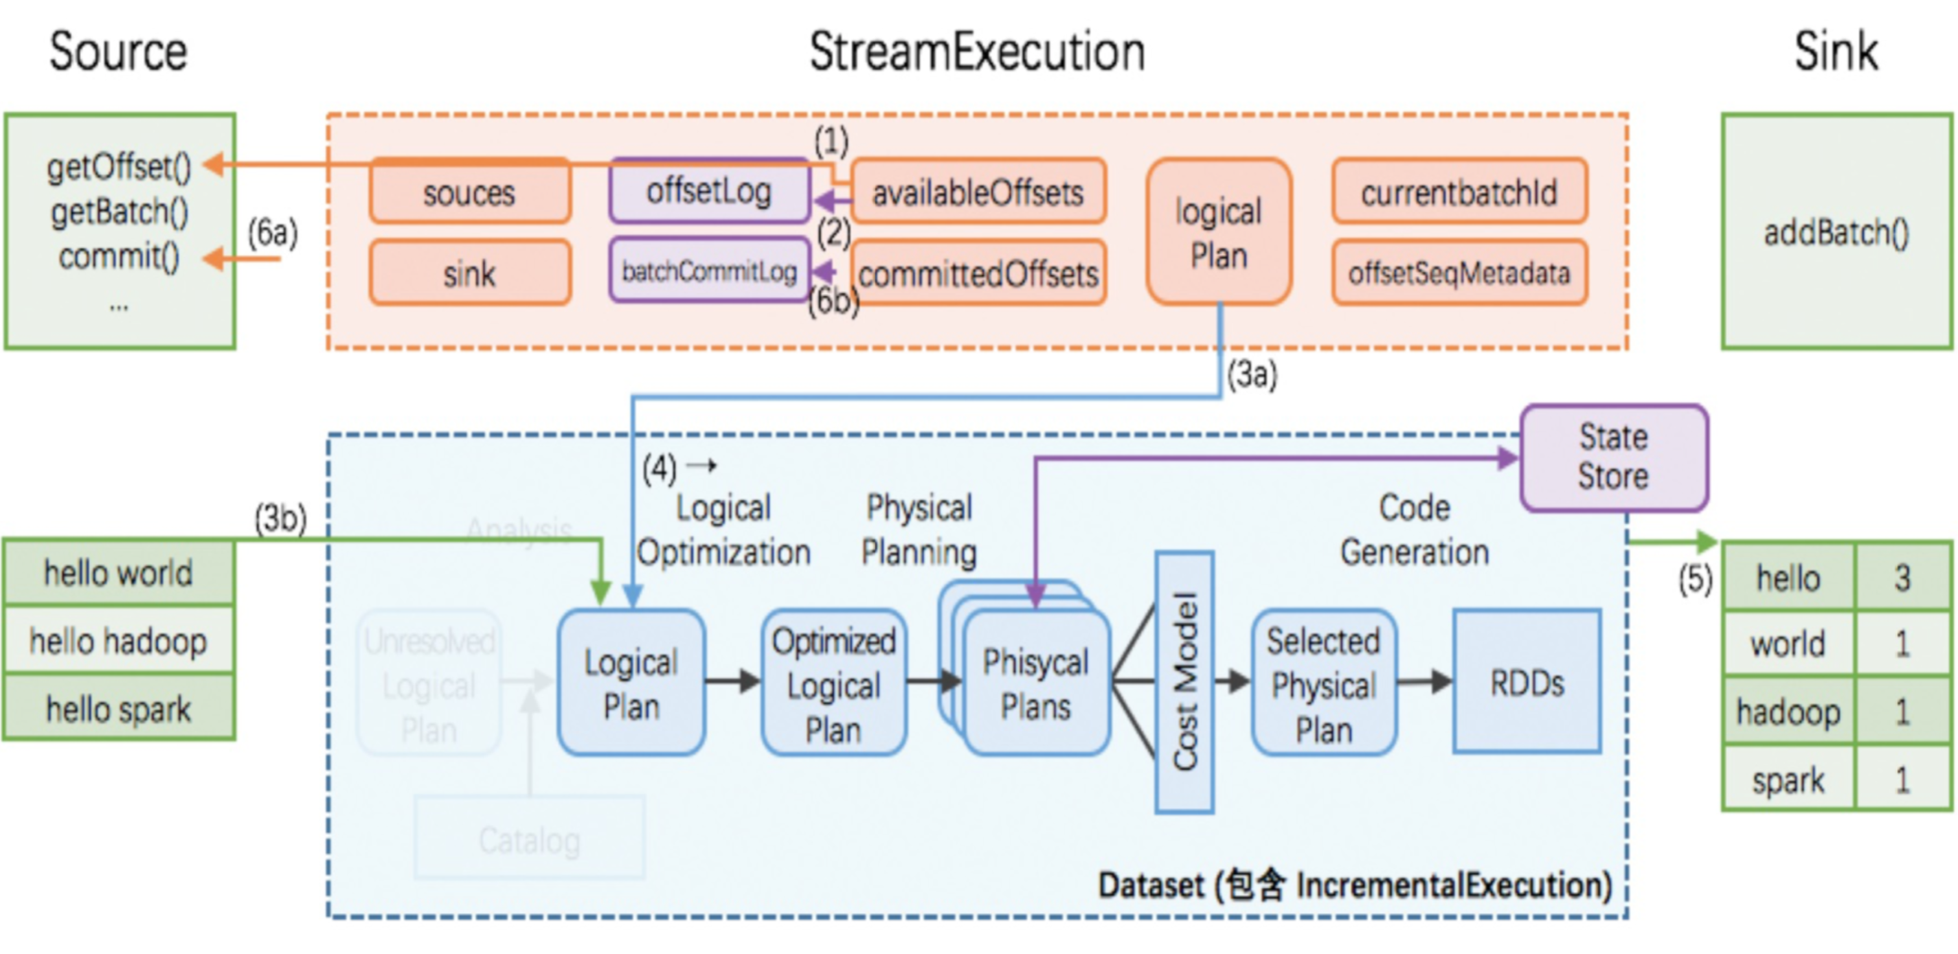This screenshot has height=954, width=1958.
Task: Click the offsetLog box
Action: coord(709,191)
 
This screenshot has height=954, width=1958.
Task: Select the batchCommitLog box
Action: coord(709,271)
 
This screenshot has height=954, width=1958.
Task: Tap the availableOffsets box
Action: coord(978,192)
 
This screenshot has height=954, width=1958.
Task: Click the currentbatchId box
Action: coord(1459,192)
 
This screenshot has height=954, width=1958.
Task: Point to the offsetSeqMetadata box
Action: coord(1459,273)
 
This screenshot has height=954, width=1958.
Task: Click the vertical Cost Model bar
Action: coord(1184,682)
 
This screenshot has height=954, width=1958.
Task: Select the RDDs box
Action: coord(1527,682)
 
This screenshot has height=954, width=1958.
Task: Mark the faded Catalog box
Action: coord(530,839)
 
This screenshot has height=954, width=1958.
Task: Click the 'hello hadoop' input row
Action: coord(118,640)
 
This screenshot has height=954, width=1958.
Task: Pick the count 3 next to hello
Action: coord(1902,578)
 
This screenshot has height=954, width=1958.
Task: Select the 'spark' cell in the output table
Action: coord(1788,780)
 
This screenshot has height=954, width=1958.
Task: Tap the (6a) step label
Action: coord(272,233)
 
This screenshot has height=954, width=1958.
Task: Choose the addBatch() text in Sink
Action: coord(1836,232)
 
